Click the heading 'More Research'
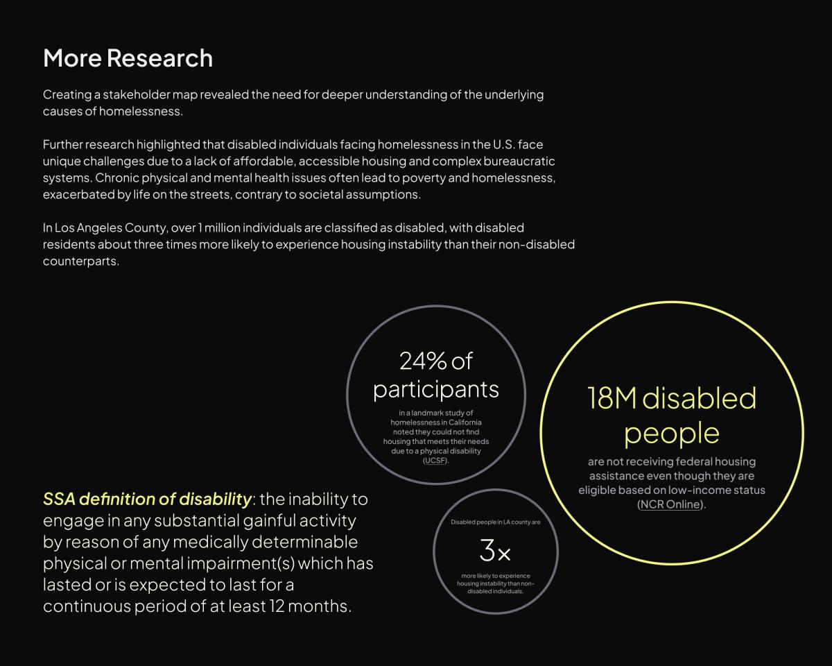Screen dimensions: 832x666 coord(128,58)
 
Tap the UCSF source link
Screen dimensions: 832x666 coord(435,461)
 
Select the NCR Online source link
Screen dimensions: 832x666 coord(670,504)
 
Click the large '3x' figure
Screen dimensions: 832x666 coord(495,550)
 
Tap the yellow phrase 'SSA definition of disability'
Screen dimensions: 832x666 coord(147,499)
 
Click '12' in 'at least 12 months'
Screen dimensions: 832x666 coord(277,606)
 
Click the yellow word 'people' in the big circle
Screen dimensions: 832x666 coord(672,434)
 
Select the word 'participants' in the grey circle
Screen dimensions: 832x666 coord(435,389)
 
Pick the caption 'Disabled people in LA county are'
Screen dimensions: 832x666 coord(495,522)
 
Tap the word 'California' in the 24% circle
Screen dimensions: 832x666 coord(465,422)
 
